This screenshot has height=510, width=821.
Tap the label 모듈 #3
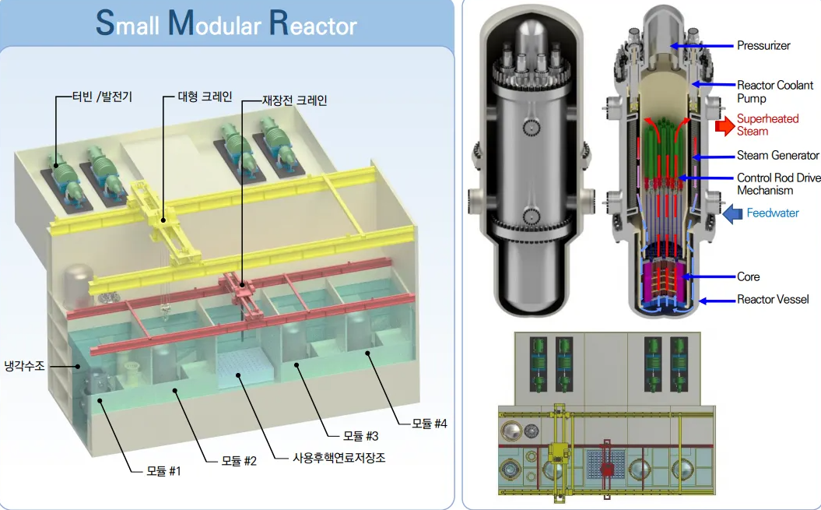[x=361, y=435]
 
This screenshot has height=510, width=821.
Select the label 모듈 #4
[x=430, y=424]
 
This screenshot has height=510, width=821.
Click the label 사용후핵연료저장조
[x=339, y=458]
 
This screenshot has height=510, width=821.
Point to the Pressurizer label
[x=763, y=45]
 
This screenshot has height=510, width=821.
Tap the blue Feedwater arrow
[x=733, y=213]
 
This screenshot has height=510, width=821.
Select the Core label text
[x=749, y=276]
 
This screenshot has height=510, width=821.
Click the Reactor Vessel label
[x=773, y=300]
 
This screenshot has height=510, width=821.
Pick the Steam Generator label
[x=778, y=156]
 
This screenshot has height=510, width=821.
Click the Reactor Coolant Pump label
[x=774, y=92]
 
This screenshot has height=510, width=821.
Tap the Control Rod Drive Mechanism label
[x=778, y=185]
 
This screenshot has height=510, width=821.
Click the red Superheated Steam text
[x=767, y=125]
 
